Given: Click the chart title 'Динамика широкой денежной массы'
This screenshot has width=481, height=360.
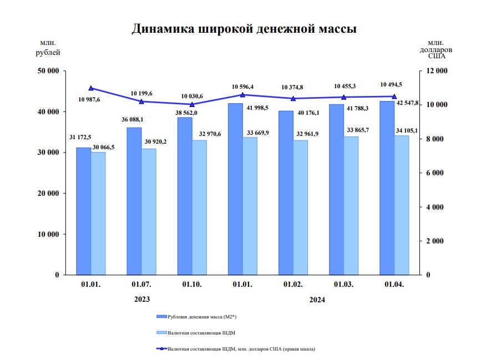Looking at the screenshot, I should click(244, 29).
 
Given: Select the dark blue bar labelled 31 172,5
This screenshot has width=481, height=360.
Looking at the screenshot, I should click(83, 211).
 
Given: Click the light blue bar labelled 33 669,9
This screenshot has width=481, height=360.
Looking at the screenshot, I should click(250, 206).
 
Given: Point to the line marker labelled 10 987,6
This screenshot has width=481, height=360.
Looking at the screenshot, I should click(91, 88).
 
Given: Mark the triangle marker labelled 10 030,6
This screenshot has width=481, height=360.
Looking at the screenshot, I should click(192, 104).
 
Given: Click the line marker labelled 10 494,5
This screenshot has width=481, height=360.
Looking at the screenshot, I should click(394, 97).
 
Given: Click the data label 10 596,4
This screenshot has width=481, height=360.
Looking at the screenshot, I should click(242, 87).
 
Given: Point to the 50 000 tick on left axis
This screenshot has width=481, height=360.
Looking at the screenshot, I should click(48, 71).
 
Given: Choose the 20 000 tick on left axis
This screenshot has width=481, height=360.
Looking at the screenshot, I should click(48, 193).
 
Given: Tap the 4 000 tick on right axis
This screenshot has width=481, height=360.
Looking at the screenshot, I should click(433, 207).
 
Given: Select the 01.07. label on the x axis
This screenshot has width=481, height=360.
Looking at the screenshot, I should click(141, 285).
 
